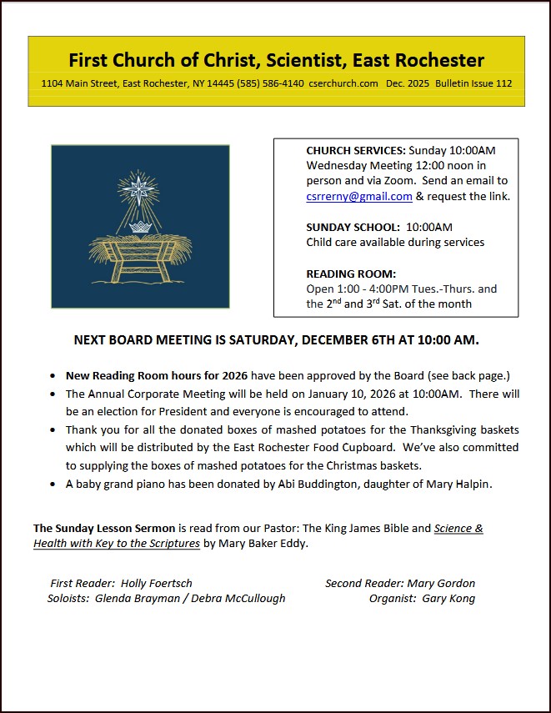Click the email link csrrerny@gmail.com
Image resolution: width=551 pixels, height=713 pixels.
tap(359, 197)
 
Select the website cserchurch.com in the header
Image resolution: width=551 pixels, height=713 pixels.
tap(343, 83)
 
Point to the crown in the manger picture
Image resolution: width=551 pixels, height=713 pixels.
tap(139, 228)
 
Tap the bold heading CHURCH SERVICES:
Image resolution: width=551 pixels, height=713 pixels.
tap(356, 151)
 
